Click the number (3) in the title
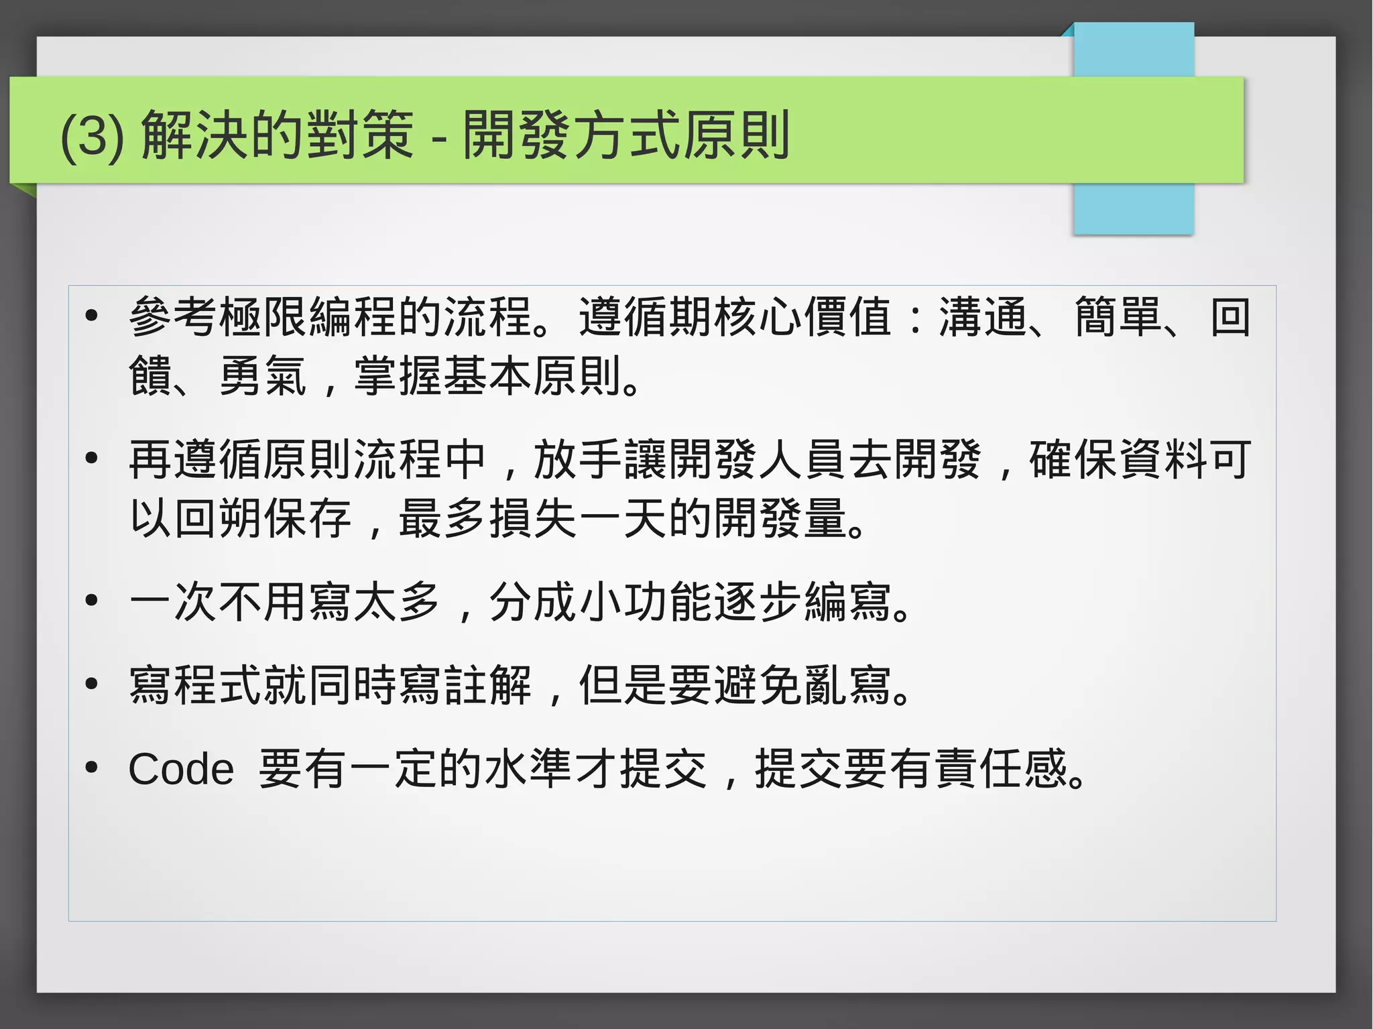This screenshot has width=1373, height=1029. [x=92, y=136]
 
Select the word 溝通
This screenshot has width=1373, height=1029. [x=983, y=317]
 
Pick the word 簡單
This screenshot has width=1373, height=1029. [x=1118, y=317]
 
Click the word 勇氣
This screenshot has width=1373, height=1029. [x=263, y=376]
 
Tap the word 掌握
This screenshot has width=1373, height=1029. [x=398, y=376]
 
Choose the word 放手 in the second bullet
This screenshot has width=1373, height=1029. [x=578, y=460]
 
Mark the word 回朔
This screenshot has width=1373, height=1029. [x=218, y=518]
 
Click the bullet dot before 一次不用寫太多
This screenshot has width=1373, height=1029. [x=92, y=601]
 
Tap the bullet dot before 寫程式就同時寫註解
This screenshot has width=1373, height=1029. [x=92, y=684]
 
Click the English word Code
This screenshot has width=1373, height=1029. [x=181, y=769]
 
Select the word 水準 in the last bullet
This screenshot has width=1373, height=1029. [x=529, y=769]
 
